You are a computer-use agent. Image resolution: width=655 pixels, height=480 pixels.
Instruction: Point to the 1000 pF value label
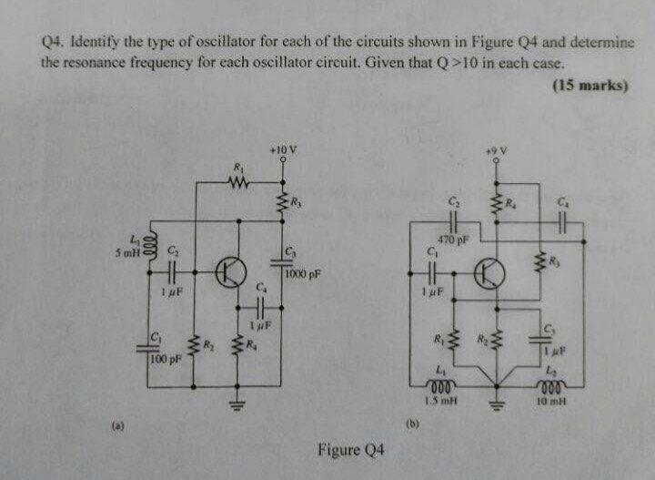(302, 273)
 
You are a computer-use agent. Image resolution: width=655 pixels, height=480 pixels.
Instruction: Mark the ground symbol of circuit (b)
(496, 405)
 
